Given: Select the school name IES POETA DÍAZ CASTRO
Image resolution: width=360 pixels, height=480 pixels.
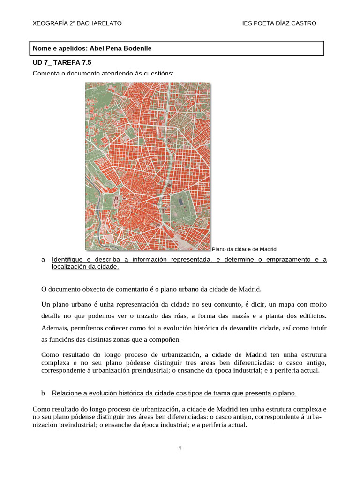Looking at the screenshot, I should [x=279, y=23].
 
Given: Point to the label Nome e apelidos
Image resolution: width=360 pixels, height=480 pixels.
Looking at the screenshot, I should [x=60, y=48].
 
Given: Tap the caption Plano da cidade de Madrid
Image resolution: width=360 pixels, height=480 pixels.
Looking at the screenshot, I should [x=244, y=249].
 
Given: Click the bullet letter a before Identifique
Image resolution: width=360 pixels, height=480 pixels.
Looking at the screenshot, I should [x=43, y=259].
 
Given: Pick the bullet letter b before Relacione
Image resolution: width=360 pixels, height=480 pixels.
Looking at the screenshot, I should [x=43, y=392].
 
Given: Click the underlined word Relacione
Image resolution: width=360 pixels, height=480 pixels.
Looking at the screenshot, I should [x=66, y=392].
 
